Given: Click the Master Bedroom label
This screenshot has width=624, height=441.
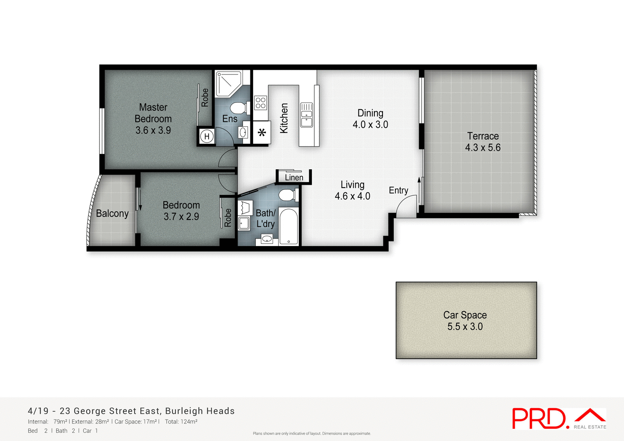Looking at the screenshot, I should point(153,113).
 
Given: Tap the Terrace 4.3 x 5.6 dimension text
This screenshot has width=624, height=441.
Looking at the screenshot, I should point(483,148).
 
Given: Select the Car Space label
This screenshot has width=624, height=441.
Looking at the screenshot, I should point(465,315).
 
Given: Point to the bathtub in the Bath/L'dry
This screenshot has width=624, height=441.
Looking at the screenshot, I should point(289,227).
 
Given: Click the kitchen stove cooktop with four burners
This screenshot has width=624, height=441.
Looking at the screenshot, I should point(261,103).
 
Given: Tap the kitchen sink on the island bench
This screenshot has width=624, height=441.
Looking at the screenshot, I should point(307,115).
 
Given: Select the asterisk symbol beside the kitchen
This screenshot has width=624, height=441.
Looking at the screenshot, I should point(262,133).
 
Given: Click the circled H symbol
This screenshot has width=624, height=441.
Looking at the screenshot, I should point(207,136).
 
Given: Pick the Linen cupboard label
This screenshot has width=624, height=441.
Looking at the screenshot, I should point(294,177).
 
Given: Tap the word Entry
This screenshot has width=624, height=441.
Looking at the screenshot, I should point(398,190).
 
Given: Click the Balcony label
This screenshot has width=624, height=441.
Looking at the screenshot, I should point(112,214).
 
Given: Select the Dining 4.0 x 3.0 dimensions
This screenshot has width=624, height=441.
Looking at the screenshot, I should point(370,125).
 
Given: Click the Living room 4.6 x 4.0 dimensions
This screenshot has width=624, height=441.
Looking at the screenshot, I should point(353,196).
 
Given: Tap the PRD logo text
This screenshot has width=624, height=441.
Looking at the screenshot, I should point(539,419).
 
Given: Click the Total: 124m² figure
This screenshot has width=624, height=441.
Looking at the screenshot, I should point(181,422).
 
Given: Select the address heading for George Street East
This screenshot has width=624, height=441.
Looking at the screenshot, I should point(131,411).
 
